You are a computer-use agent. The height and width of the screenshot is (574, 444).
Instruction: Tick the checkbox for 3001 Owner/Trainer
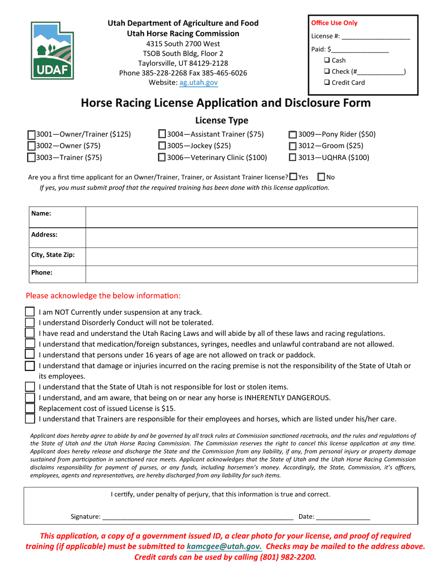tap(32, 135)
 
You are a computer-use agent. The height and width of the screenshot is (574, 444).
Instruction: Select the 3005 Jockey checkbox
tap(162, 146)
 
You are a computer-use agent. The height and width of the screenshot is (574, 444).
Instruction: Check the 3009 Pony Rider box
tap(293, 135)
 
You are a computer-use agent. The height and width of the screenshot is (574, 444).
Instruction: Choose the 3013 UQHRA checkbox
tap(293, 158)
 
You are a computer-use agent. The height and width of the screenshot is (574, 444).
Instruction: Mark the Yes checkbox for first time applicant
tap(293, 177)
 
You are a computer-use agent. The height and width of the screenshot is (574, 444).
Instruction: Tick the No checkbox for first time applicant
tap(321, 177)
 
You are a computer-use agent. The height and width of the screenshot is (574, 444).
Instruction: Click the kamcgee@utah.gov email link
tap(224, 546)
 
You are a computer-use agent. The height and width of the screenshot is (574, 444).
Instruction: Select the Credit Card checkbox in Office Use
tap(327, 83)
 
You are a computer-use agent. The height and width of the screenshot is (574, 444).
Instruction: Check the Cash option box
tap(327, 60)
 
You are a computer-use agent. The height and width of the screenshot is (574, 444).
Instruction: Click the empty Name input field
tap(251, 217)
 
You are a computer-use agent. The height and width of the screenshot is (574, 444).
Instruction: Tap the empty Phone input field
tap(251, 274)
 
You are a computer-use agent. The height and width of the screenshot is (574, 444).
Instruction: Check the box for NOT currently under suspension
tap(30, 312)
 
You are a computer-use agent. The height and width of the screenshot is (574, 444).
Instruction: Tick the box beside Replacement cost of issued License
tap(30, 408)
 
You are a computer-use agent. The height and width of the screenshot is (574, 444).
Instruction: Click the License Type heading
tap(222, 120)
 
